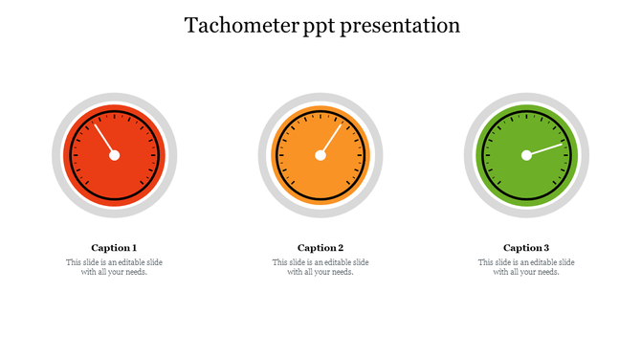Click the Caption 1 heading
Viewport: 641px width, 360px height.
pyautogui.click(x=114, y=247)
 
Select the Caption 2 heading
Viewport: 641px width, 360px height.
pyautogui.click(x=320, y=247)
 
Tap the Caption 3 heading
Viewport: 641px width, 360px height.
pyautogui.click(x=526, y=247)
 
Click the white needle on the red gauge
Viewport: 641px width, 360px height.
pyautogui.click(x=104, y=139)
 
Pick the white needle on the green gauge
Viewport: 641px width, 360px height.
pyautogui.click(x=546, y=148)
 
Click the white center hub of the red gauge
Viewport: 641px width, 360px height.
pyautogui.click(x=114, y=155)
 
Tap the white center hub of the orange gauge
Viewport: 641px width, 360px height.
pyautogui.click(x=320, y=155)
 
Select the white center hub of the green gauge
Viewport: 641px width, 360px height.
pyautogui.click(x=526, y=155)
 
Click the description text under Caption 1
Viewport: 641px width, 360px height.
pyautogui.click(x=114, y=267)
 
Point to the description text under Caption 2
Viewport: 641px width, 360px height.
pyautogui.click(x=320, y=267)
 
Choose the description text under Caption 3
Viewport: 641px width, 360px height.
pyautogui.click(x=526, y=267)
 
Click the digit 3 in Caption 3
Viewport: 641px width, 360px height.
pyautogui.click(x=546, y=247)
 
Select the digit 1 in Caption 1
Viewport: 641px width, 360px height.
pyautogui.click(x=134, y=247)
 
